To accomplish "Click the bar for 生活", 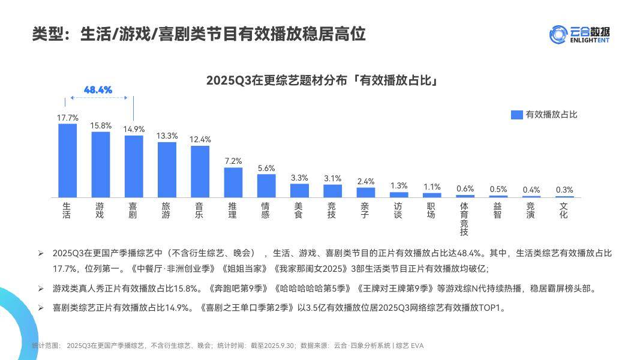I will pyautogui.click(x=68, y=160).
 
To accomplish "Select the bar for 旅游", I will pyautogui.click(x=167, y=170).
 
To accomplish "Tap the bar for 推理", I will pyautogui.click(x=233, y=182).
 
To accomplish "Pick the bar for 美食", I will pyautogui.click(x=299, y=190).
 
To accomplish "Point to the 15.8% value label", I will pyautogui.click(x=101, y=125).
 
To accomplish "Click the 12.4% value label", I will pyautogui.click(x=200, y=139).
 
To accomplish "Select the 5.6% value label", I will pyautogui.click(x=266, y=168).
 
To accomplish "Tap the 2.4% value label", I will pyautogui.click(x=366, y=181).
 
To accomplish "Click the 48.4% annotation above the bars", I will pyautogui.click(x=98, y=90).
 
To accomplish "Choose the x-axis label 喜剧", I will pyautogui.click(x=133, y=210).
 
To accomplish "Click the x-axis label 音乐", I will pyautogui.click(x=199, y=210).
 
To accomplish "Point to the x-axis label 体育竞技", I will pyautogui.click(x=464, y=219).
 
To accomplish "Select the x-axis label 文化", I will pyautogui.click(x=563, y=210).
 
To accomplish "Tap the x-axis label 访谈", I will pyautogui.click(x=398, y=210).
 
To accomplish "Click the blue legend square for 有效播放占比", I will pyautogui.click(x=516, y=115).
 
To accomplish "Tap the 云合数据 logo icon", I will pyautogui.click(x=558, y=34).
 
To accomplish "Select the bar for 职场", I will pyautogui.click(x=432, y=195).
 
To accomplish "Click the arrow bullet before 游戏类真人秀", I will pyautogui.click(x=41, y=289).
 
